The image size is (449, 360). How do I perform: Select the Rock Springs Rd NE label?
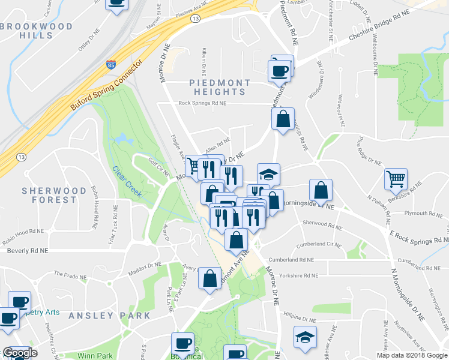(202, 103)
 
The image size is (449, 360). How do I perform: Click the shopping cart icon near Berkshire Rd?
(396, 178)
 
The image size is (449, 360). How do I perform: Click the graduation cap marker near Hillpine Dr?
(306, 337)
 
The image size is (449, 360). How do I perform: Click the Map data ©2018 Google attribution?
(412, 355)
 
